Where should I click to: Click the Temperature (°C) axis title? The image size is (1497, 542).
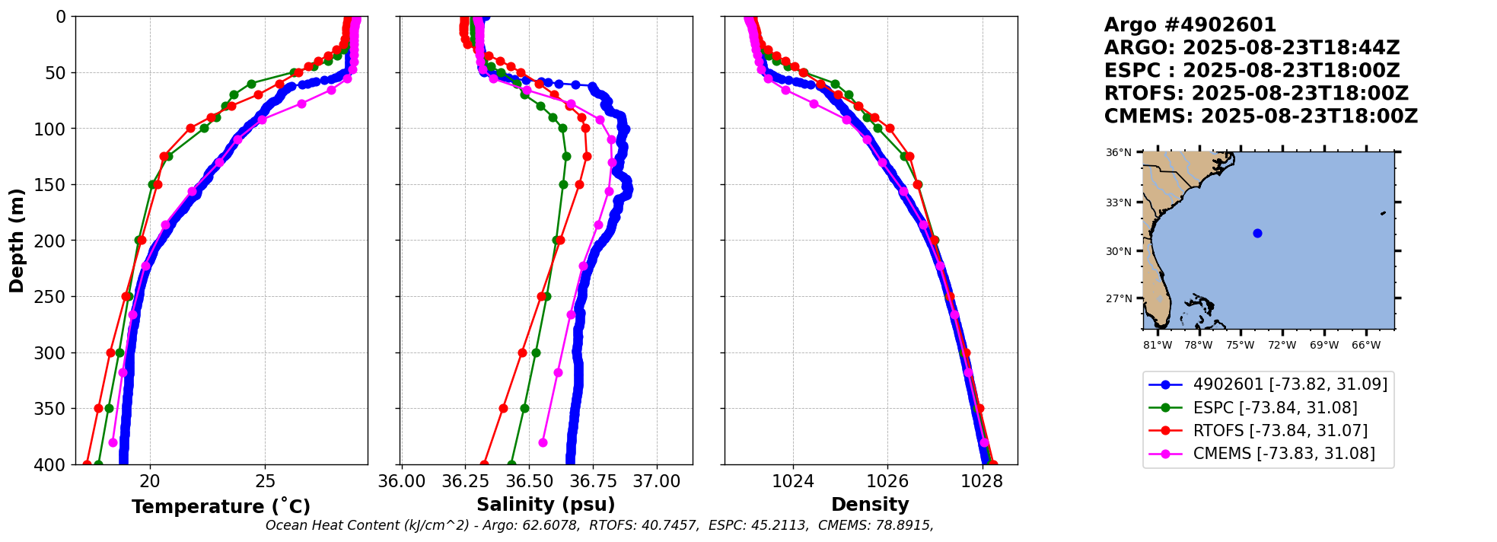pos(221,507)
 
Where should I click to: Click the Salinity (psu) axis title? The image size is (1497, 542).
pos(546,505)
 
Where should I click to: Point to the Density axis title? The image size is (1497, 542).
pos(870,505)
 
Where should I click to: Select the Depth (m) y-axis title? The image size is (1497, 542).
pos(17,240)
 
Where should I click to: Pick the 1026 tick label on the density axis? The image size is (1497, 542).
pos(887,481)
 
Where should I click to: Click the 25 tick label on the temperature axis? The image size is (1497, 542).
pos(265,481)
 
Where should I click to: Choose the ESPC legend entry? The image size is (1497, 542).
pos(1275,408)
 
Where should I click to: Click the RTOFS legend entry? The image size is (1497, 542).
pos(1280,431)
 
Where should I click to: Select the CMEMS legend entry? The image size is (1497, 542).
pos(1284,454)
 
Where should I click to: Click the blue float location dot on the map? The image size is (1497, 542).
pos(1257,233)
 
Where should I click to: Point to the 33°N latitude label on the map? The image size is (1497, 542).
pos(1118,202)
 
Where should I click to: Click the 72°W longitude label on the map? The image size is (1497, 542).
pos(1282,345)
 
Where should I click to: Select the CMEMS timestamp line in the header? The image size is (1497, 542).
pos(1261,116)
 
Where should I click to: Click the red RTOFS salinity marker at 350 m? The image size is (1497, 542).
pos(503,408)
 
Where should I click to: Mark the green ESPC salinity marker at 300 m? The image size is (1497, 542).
pos(536,352)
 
